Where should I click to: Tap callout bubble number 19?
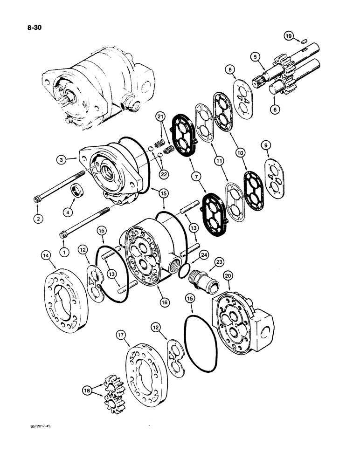[x=289, y=35]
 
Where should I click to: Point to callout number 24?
[x=204, y=255]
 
